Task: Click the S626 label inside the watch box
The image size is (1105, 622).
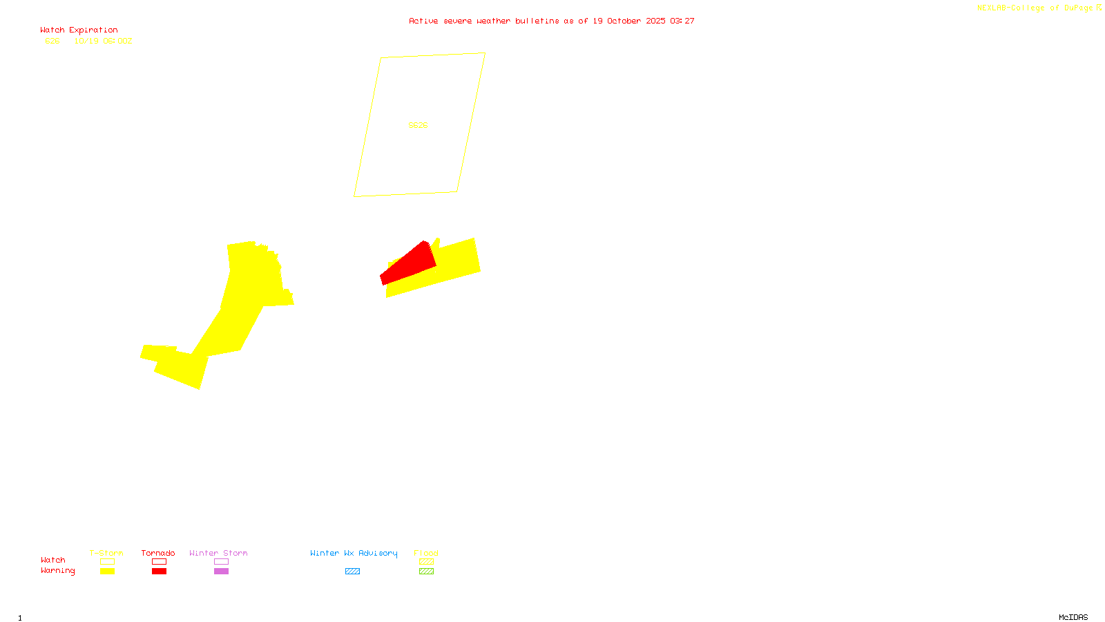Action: [418, 125]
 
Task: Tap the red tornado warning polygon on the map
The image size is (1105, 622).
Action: [410, 265]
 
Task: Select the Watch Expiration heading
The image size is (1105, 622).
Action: [79, 30]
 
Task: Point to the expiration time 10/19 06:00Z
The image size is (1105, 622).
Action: [103, 41]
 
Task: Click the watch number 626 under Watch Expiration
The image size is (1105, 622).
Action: [52, 41]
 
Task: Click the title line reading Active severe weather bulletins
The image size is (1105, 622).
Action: [551, 21]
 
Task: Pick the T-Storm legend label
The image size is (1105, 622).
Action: [106, 553]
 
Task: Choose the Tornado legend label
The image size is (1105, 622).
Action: [158, 553]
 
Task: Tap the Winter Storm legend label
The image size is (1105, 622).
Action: [218, 553]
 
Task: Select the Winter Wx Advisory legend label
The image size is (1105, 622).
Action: [354, 553]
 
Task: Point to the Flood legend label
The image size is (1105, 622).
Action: [426, 553]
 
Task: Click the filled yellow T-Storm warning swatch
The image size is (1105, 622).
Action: [107, 572]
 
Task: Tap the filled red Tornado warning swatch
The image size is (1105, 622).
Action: [159, 572]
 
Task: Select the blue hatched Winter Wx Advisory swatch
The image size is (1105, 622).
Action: [352, 572]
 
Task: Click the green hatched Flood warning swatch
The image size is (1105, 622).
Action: [426, 572]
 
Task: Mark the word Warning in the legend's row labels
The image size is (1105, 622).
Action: [58, 571]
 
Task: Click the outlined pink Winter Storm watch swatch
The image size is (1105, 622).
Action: [221, 562]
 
